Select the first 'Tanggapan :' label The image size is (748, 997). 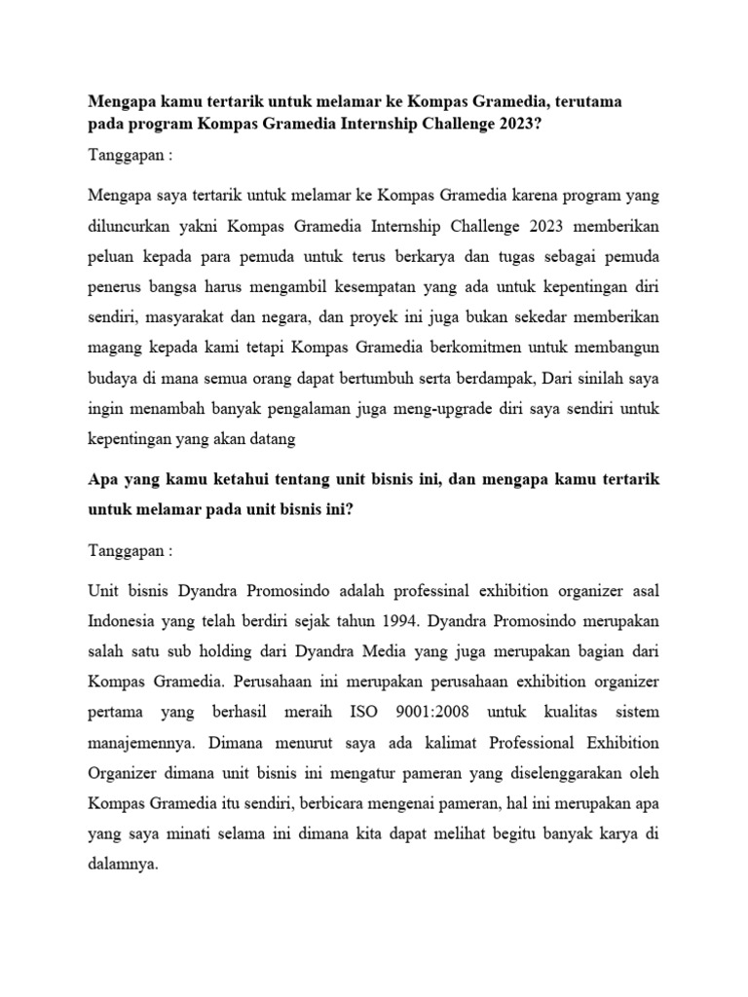click(x=130, y=159)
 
